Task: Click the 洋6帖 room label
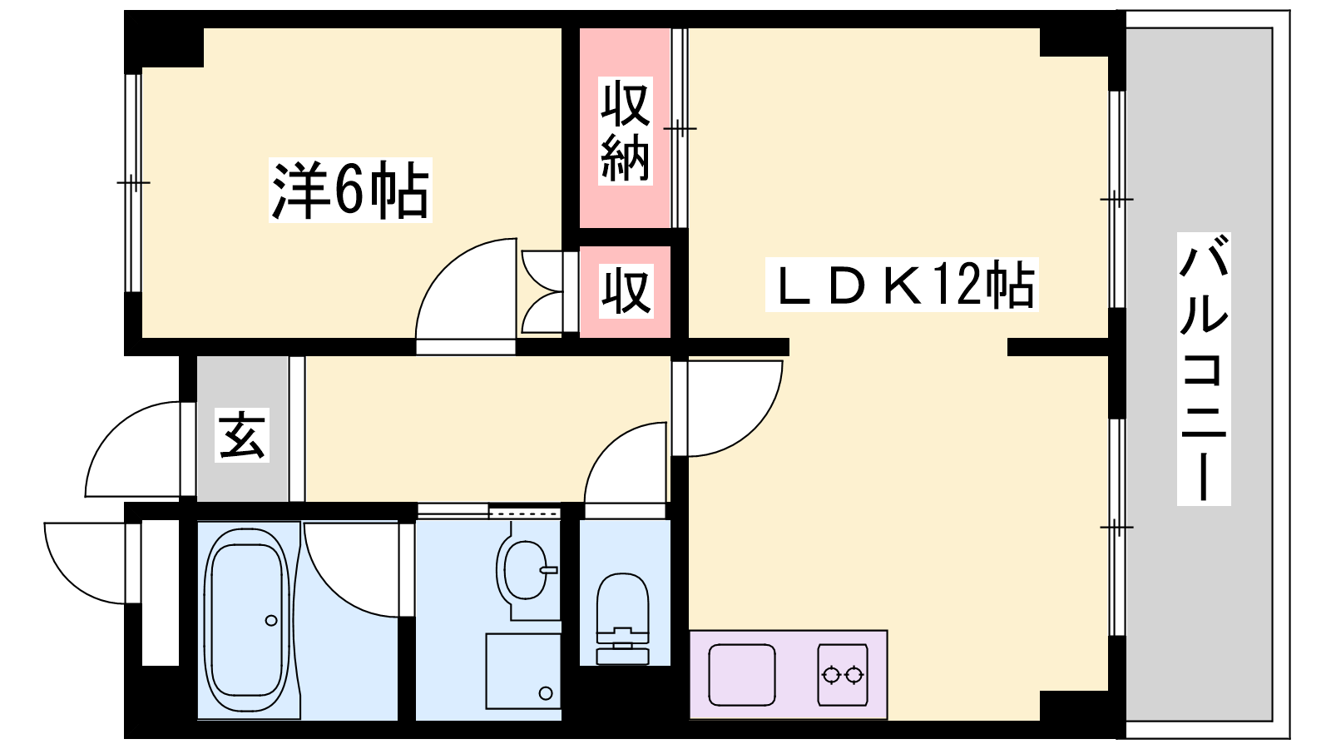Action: click(350, 191)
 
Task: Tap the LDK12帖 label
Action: click(903, 285)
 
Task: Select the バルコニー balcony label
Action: click(1203, 369)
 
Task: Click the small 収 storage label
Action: click(625, 290)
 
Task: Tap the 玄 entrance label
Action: click(242, 434)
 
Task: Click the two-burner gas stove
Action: click(842, 674)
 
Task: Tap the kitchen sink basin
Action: click(742, 674)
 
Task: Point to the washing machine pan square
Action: click(522, 671)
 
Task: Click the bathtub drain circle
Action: click(271, 620)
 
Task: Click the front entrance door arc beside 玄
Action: click(133, 449)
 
